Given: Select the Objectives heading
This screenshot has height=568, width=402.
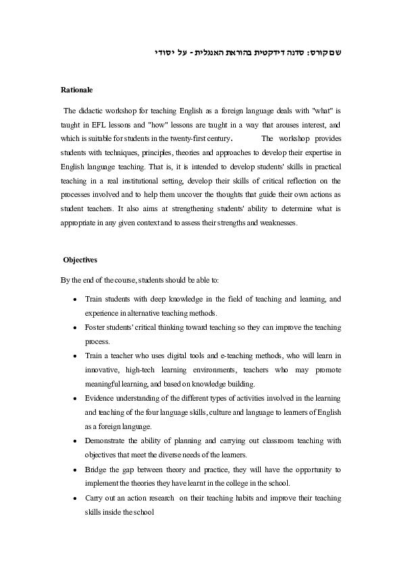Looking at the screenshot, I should coord(80,259).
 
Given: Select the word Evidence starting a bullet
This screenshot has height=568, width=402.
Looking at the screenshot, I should coord(103,398).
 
